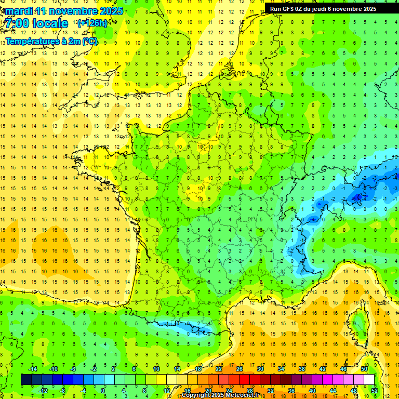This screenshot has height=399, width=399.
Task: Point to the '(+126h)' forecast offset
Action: click(92, 23)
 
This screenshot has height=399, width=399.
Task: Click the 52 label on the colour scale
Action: click(374, 390)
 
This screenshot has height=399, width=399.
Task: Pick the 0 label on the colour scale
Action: click(103, 390)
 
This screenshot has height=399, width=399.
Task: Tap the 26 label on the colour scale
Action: click(240, 368)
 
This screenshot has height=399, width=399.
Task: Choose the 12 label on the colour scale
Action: click(167, 390)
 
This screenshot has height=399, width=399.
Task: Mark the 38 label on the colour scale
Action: click(302, 368)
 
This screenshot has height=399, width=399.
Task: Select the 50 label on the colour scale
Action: click(364, 368)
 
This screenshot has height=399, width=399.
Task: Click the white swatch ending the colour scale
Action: click(369, 379)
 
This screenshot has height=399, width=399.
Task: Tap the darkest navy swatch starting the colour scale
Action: click(26, 379)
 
